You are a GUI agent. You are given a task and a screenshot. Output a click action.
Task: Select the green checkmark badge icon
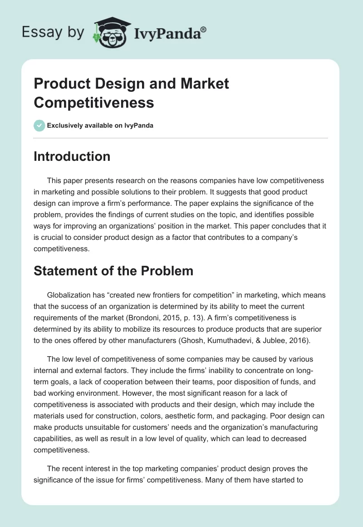point(39,125)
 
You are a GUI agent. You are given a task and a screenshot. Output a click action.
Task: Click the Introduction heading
point(72,156)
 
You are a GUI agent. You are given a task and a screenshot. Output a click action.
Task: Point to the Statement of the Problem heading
point(113,271)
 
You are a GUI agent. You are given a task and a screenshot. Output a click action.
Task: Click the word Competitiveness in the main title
point(94,103)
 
